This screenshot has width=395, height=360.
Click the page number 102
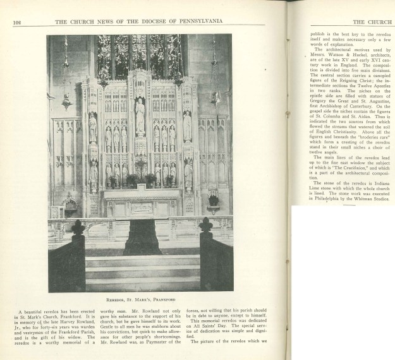pyautogui.click(x=17, y=22)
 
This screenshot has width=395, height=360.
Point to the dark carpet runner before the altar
pyautogui.click(x=142, y=237)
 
